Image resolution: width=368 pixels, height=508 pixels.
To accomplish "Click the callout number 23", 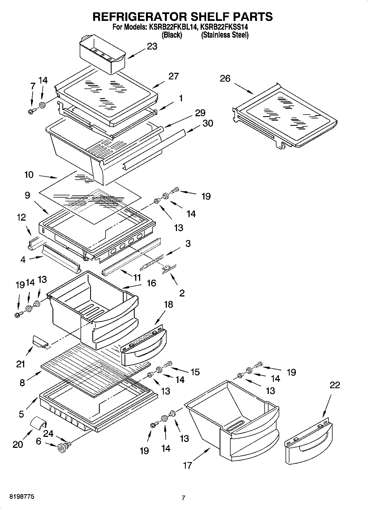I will (x=152, y=46).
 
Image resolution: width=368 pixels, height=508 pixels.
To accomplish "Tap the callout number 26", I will (x=225, y=79).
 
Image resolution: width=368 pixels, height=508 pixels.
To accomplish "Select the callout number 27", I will (x=173, y=76).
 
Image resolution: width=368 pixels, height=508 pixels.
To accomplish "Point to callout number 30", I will (x=207, y=123).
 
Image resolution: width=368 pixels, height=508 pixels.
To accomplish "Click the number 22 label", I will (x=334, y=385).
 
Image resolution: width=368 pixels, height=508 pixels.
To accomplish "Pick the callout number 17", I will (x=187, y=465).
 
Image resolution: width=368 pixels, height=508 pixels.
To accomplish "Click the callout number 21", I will (x=21, y=364).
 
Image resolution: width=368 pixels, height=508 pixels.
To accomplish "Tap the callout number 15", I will (x=195, y=372).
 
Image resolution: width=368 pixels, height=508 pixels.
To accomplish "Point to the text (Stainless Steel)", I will (x=225, y=35).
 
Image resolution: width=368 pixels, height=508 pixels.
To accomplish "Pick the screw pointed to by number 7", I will (x=31, y=111).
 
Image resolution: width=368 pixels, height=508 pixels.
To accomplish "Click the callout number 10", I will (x=29, y=175).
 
